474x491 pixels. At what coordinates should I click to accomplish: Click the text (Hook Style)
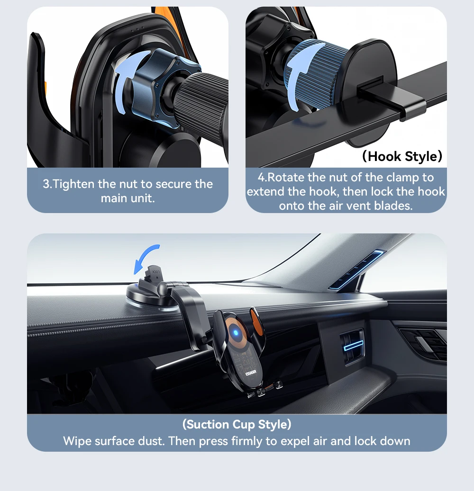click(402, 156)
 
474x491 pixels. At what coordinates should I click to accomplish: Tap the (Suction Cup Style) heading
click(237, 424)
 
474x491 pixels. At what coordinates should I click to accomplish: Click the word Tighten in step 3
click(73, 184)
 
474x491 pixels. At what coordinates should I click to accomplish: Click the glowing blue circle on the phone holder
click(236, 332)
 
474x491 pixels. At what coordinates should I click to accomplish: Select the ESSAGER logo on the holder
click(251, 374)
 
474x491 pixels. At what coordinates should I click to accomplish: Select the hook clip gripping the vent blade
click(392, 98)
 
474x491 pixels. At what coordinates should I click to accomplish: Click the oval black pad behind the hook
click(367, 91)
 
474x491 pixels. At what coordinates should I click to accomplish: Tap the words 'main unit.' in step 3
click(128, 198)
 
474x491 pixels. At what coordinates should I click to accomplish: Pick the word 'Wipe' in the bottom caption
click(77, 441)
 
